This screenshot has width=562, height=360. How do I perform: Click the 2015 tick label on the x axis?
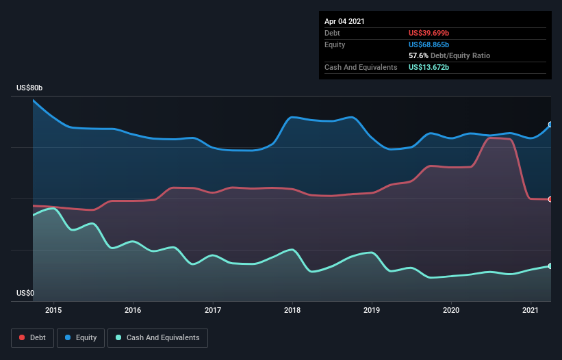pos(53,310)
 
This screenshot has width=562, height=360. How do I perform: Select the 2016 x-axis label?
pos(133,310)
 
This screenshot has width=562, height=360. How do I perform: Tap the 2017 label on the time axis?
pos(213,310)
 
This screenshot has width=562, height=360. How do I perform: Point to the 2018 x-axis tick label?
pos(292,310)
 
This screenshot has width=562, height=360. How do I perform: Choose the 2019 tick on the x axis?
pos(372,310)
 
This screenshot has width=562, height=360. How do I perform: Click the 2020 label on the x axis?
pos(451,310)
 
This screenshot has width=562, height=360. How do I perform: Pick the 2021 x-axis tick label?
pos(531,310)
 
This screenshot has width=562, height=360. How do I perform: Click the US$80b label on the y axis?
pos(29,88)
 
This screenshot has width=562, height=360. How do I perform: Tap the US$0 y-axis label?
pos(25,293)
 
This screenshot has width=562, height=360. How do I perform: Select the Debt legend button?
pos(33,338)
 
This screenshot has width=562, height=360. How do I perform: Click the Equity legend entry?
pos(81,338)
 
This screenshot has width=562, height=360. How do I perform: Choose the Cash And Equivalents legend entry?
pos(157,338)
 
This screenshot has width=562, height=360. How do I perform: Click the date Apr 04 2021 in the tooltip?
pos(344,21)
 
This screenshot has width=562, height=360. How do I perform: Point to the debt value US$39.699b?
pos(429,33)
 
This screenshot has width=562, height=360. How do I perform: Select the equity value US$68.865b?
pos(429,44)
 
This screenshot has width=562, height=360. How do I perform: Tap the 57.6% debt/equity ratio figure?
pos(418,56)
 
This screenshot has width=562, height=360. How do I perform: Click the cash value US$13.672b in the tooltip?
pos(429,67)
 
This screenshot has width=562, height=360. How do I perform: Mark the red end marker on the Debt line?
pos(550,199)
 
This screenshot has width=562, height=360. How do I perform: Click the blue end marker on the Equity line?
pos(550,125)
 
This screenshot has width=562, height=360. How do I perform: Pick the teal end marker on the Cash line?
pos(550,266)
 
